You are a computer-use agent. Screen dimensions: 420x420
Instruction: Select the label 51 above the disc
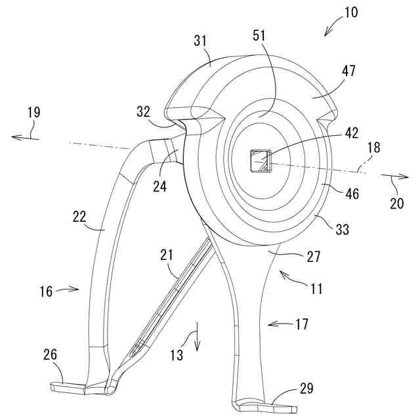[259, 36]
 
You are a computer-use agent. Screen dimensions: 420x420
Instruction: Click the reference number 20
[397, 203]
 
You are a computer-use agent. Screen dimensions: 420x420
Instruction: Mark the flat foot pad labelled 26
[69, 388]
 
